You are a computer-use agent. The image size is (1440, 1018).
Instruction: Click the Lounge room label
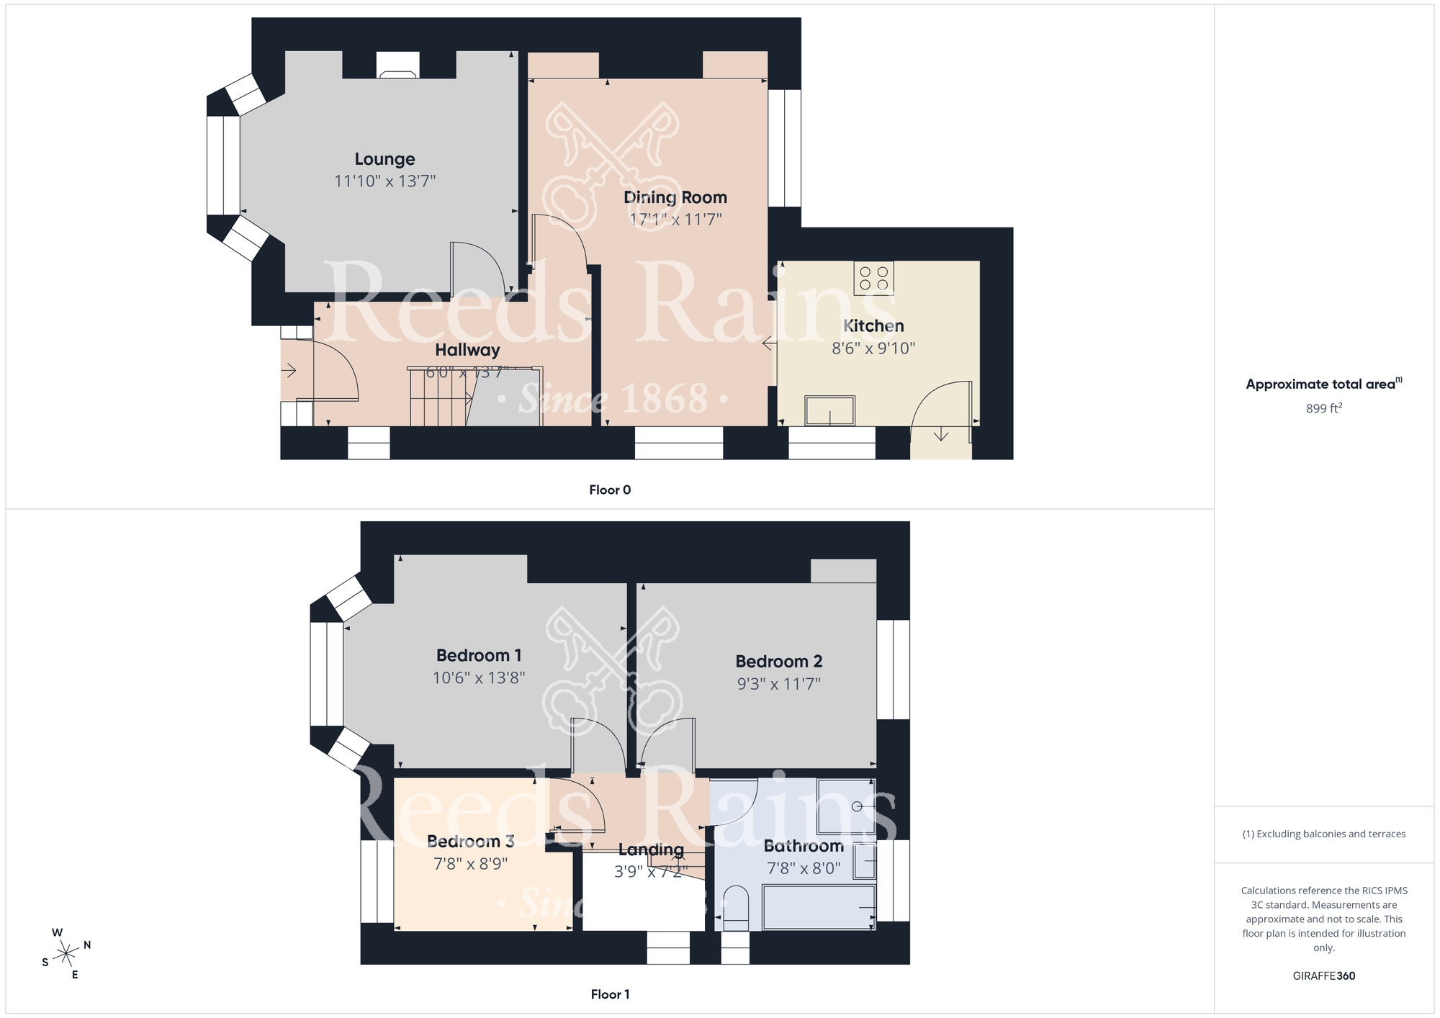tap(384, 159)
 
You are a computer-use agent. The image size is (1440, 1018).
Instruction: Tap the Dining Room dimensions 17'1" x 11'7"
tap(675, 219)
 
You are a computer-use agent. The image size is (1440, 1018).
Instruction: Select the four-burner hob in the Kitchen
tap(874, 278)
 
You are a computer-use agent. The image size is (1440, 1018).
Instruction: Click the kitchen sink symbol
tap(830, 410)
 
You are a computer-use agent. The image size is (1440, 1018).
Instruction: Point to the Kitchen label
tap(873, 326)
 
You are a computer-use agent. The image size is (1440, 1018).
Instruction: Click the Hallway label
tap(467, 350)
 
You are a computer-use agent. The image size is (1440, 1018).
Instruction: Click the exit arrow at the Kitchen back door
tap(941, 434)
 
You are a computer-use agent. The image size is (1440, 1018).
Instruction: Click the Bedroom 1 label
tap(479, 655)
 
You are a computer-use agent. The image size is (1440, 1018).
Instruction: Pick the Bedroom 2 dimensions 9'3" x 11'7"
tap(778, 683)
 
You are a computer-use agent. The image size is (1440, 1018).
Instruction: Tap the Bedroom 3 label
tap(470, 841)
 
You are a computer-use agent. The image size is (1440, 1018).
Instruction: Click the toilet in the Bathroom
tap(735, 909)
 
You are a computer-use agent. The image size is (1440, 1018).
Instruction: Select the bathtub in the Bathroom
tap(819, 907)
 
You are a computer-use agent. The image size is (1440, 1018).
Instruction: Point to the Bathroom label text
tap(804, 846)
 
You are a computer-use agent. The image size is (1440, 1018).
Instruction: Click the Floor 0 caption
tap(610, 490)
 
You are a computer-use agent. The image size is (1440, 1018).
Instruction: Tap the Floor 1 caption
tap(610, 994)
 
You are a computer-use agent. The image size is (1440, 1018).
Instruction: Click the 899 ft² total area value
tap(1324, 408)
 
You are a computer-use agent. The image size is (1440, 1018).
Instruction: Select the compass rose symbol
tap(66, 954)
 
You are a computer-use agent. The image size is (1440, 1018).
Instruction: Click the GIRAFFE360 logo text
tap(1324, 976)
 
